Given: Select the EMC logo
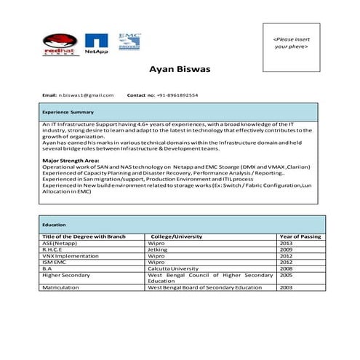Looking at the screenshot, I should [129, 41].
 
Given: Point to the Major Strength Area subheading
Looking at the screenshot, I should [71, 160].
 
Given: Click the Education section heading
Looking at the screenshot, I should [54, 225].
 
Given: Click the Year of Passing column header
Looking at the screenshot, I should [300, 236].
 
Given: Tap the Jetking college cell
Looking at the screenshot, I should [158, 249].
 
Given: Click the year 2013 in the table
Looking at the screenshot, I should [286, 243].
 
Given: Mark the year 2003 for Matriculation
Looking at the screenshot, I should [286, 288].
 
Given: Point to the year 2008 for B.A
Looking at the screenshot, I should [286, 268].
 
